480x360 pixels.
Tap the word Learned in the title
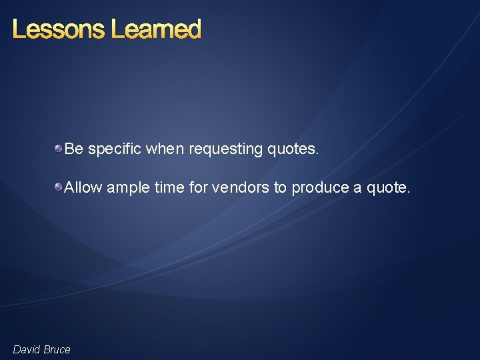tap(156, 29)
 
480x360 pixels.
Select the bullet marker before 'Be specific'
tap(59, 148)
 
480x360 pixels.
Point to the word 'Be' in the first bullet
tap(73, 149)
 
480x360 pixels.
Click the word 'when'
tap(165, 149)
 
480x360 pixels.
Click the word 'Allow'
tap(83, 188)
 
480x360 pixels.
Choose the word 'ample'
tap(128, 188)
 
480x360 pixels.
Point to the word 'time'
tap(169, 188)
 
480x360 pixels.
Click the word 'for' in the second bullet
tap(199, 188)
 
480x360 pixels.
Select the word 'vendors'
tap(241, 188)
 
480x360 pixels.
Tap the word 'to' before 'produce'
tap(281, 188)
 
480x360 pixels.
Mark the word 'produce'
tap(320, 188)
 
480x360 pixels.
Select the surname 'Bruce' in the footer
tap(57, 349)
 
